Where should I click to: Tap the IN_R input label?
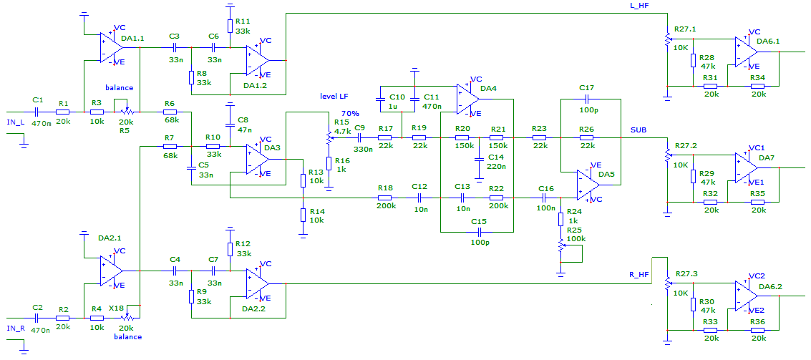[16, 328]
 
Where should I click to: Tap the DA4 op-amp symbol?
[468, 99]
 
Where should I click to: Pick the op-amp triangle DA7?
[747, 167]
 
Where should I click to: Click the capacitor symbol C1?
[37, 111]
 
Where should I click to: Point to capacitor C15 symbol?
[478, 230]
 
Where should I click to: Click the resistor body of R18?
[385, 198]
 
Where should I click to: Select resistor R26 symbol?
[587, 137]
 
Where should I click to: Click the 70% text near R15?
[349, 113]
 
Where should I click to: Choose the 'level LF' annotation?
[335, 96]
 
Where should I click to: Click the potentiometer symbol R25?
[560, 247]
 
